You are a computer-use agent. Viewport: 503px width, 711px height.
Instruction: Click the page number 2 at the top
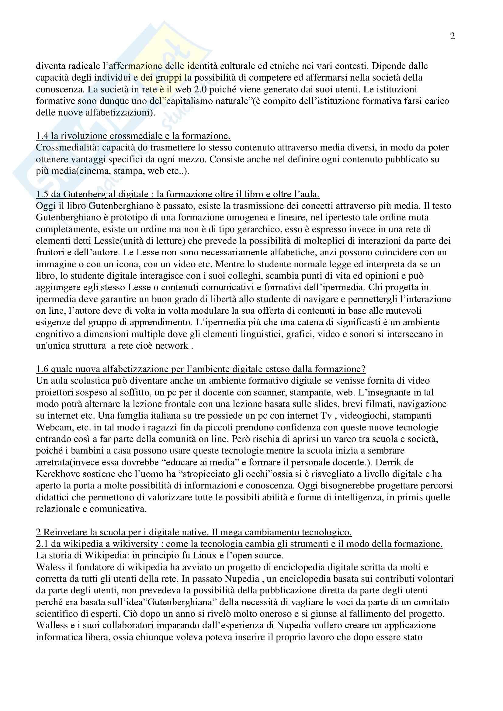452,36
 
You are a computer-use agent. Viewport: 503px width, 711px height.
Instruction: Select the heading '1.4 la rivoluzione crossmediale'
133,136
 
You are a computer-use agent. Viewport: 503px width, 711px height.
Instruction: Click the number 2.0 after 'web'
199,89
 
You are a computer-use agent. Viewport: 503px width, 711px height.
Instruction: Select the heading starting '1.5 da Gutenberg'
178,194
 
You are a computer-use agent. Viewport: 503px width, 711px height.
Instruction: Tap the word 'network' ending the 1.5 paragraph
171,346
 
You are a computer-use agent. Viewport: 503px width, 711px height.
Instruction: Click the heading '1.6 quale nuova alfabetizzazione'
200,369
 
